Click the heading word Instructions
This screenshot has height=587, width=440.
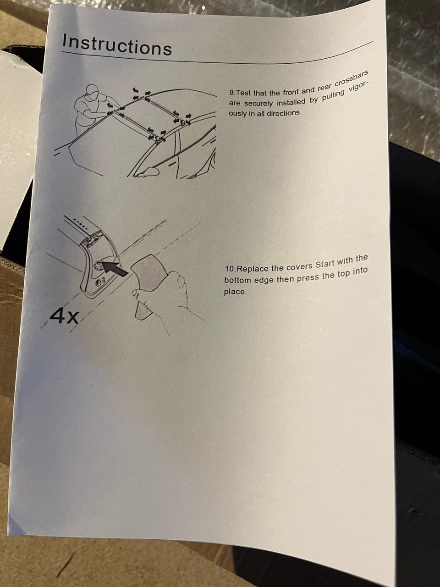point(117,45)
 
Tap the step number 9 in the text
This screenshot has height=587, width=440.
point(231,94)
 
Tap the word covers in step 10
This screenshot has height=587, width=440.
point(301,266)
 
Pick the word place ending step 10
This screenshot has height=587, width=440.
point(235,292)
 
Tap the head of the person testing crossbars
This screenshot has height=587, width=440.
point(92,92)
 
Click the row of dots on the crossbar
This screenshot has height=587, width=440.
point(80,223)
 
